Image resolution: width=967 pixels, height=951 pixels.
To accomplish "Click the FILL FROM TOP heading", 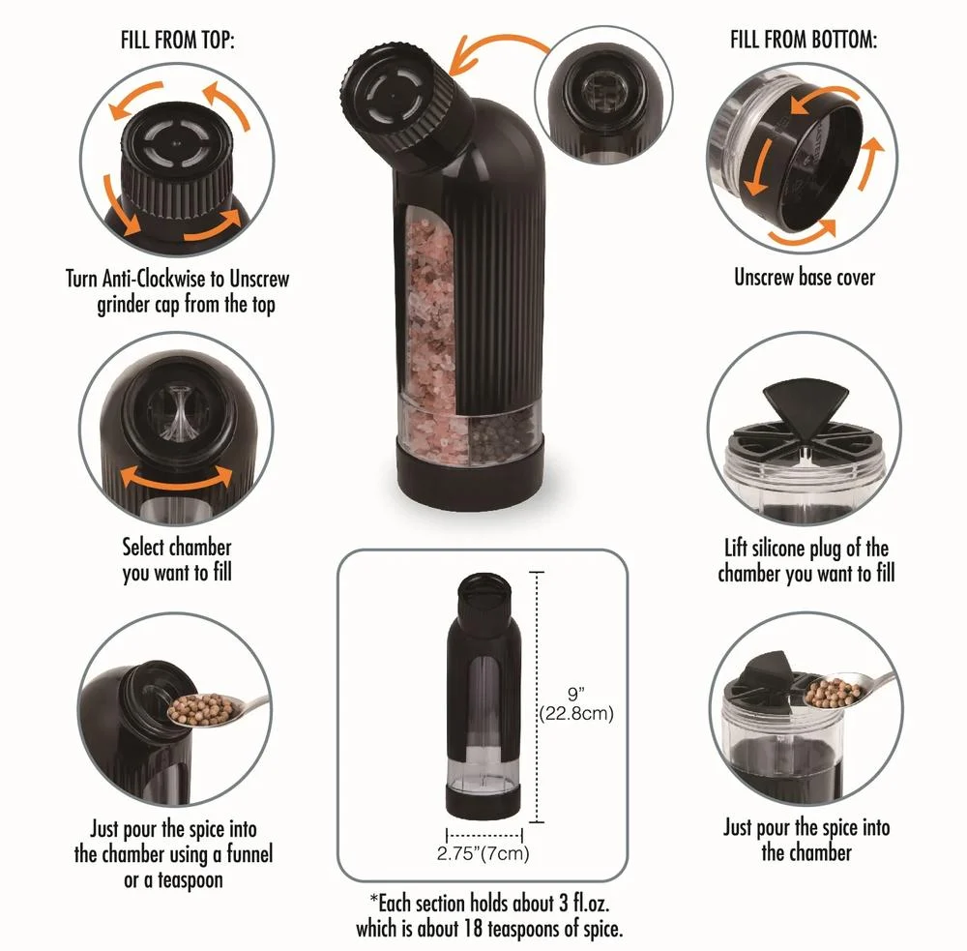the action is [x=178, y=40].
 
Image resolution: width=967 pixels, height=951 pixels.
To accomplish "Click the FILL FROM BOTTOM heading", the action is [x=803, y=40].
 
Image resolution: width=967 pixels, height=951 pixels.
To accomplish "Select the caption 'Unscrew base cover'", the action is [x=805, y=277].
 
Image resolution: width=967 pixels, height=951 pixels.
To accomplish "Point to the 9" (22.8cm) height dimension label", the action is [x=576, y=704].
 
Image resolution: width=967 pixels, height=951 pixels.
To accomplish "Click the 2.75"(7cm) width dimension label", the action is [x=483, y=853].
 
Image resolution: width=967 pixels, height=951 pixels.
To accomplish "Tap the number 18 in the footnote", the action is [x=474, y=928].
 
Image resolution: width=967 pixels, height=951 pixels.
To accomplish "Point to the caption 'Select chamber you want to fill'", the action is [x=177, y=560].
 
